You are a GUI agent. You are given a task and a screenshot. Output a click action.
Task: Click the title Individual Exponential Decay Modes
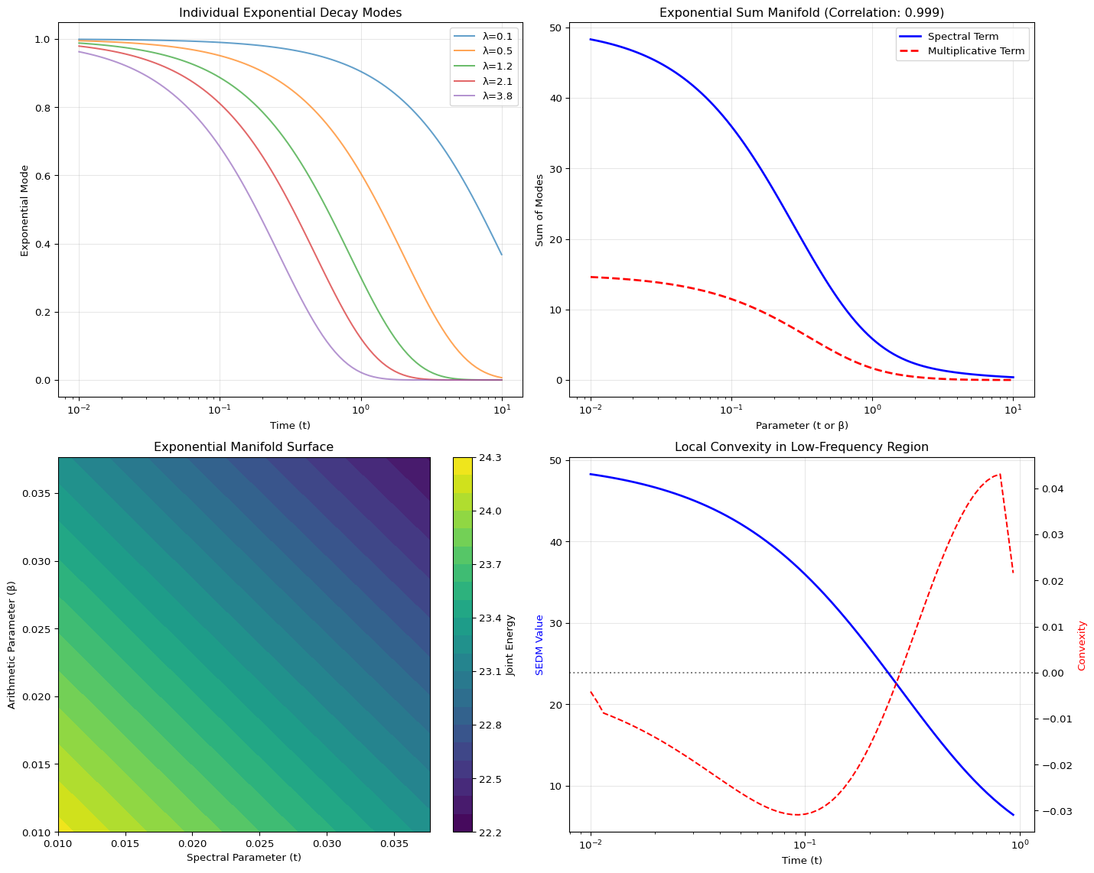click(290, 12)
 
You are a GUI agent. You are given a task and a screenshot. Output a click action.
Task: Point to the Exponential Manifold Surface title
click(243, 447)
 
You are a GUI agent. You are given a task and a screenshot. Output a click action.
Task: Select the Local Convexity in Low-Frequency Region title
click(801, 447)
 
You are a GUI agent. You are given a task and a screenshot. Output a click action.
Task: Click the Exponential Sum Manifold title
click(801, 12)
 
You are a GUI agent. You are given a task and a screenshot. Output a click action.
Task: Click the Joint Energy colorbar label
click(511, 645)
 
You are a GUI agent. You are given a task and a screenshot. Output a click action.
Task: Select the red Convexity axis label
click(1082, 645)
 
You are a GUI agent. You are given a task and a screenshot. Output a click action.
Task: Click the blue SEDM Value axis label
click(539, 644)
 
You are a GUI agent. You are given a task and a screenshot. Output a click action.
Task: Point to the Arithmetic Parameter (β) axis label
click(13, 644)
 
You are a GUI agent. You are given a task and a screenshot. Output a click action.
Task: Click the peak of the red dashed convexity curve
click(1000, 474)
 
